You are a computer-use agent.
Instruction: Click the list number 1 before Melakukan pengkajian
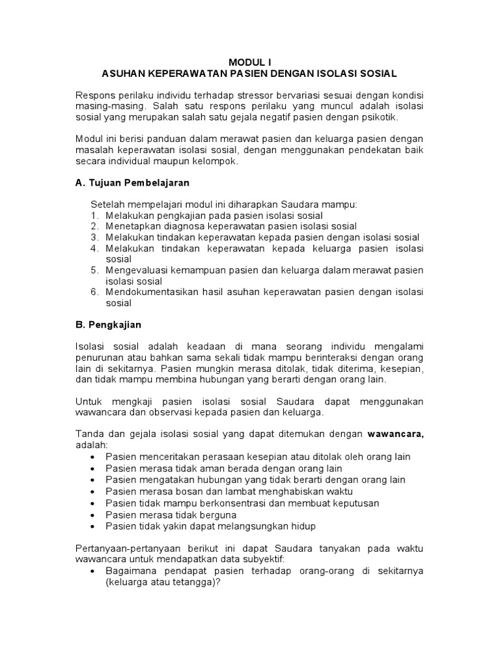coord(94,216)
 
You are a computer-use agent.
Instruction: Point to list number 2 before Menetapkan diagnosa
coord(94,226)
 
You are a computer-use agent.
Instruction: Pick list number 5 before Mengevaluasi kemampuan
coord(94,270)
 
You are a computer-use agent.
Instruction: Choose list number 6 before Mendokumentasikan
coord(94,292)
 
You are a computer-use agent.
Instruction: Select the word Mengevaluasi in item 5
coord(137,270)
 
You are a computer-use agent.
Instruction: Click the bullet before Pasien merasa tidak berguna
coord(94,515)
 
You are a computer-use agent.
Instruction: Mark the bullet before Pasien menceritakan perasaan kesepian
coord(94,457)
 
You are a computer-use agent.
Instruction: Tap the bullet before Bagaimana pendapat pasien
coord(94,571)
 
